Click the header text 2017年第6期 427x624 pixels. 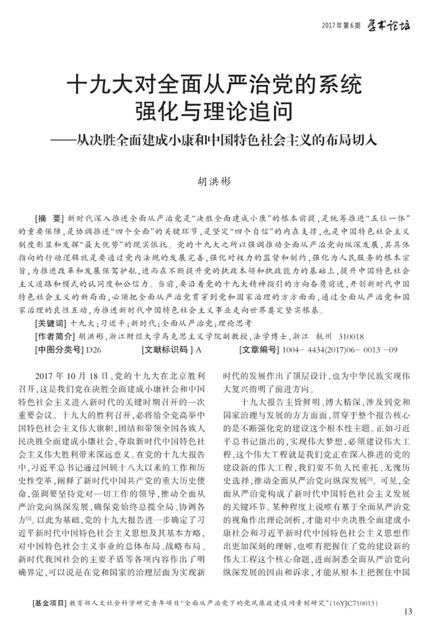[x=341, y=26]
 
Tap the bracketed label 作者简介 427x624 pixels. [x=54, y=335]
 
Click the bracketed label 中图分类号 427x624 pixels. [x=58, y=349]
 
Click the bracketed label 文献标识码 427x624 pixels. [x=165, y=349]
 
